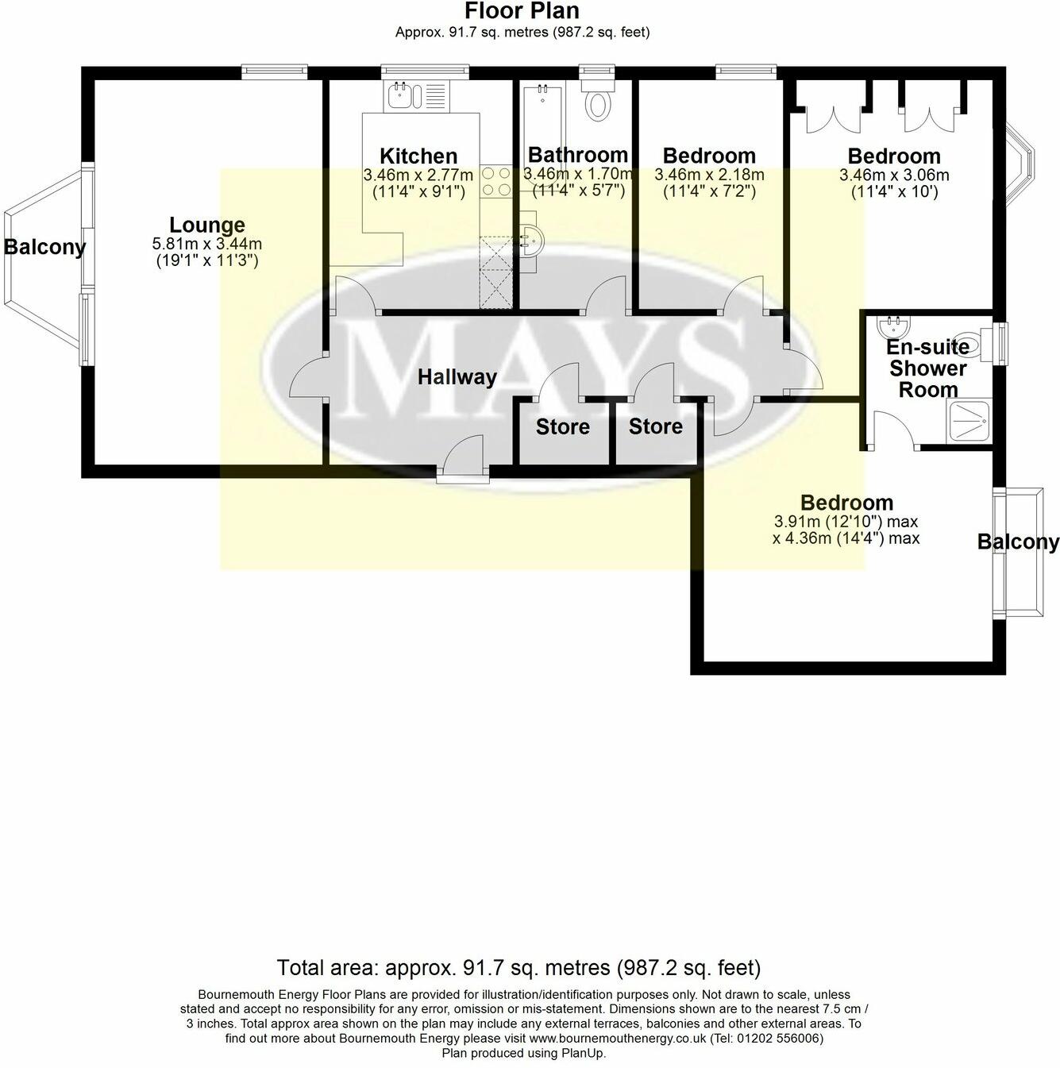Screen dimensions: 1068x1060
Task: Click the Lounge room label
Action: pos(206,226)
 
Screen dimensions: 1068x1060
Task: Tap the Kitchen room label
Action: pos(418,156)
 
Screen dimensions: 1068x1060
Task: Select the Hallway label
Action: pos(457,377)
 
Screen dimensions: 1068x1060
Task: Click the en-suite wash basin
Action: pos(891,325)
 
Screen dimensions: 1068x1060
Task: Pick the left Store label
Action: pos(562,427)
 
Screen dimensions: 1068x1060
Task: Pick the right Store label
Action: pos(655,426)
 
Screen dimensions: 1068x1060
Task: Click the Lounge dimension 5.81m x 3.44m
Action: pos(206,244)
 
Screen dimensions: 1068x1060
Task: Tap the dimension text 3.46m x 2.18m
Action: pos(709,175)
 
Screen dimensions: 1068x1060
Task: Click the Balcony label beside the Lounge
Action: pos(44,247)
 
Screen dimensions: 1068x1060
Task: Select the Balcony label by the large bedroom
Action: pos(1017,542)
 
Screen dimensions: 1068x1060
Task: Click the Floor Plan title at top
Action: pos(522,11)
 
